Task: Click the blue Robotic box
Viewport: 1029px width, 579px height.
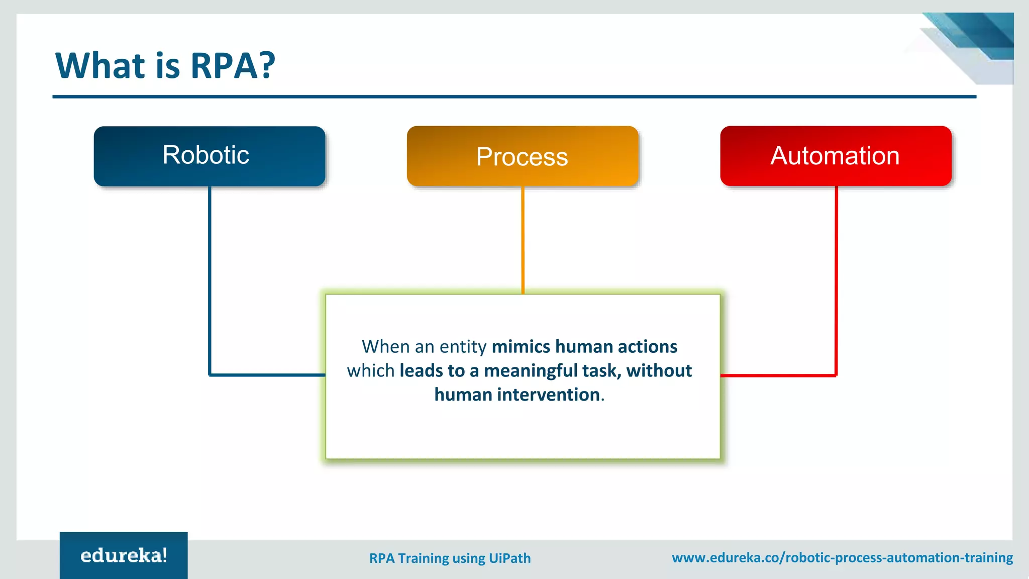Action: (x=209, y=156)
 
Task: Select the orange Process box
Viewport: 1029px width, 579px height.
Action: (x=522, y=156)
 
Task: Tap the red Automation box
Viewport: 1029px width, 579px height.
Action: (x=835, y=156)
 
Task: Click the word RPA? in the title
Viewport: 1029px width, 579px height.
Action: (x=233, y=66)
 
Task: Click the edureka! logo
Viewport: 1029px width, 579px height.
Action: (x=124, y=555)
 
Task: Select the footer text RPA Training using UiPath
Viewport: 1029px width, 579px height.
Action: (x=450, y=558)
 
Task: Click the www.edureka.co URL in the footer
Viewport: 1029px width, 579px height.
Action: (x=842, y=557)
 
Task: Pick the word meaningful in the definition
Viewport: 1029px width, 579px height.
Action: (x=531, y=371)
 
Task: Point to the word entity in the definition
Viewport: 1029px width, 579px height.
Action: (x=463, y=347)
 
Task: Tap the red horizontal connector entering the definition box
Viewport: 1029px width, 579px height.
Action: (x=778, y=375)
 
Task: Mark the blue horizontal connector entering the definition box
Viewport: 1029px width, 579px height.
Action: (x=267, y=375)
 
